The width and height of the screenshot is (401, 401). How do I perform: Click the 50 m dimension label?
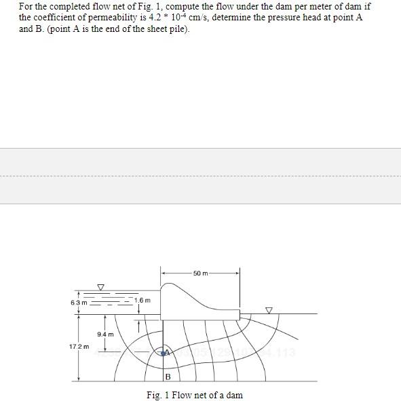tap(200, 273)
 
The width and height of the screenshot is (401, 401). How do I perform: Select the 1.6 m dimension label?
tap(142, 300)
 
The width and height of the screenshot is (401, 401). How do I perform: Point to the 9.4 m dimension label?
tap(105, 334)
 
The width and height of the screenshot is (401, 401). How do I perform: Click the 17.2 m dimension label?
tap(78, 347)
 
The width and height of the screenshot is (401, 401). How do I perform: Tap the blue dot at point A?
tap(163, 352)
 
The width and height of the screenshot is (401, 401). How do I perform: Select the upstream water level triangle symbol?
tap(101, 287)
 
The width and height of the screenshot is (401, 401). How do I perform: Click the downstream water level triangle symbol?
tap(269, 310)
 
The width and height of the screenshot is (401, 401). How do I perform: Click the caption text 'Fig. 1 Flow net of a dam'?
tap(195, 395)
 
